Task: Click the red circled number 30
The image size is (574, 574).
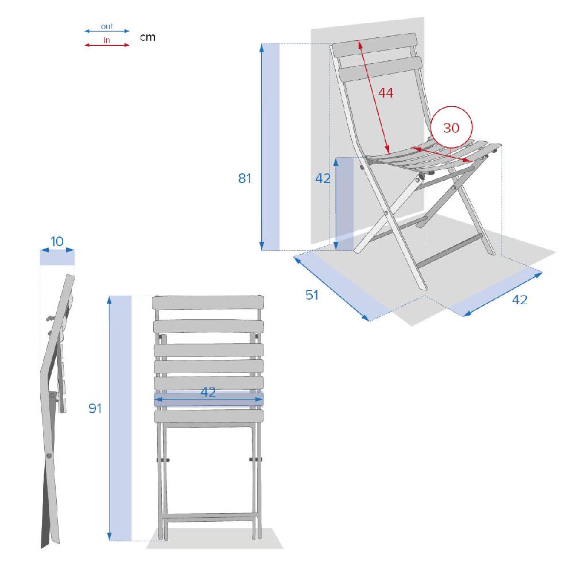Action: pyautogui.click(x=451, y=128)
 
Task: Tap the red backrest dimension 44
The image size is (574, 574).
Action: pyautogui.click(x=386, y=92)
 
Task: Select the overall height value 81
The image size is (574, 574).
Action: pyautogui.click(x=245, y=179)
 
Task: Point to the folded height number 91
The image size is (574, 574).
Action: pyautogui.click(x=95, y=408)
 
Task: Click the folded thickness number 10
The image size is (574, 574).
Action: pyautogui.click(x=57, y=241)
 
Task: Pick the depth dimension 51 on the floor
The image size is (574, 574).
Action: pyautogui.click(x=312, y=294)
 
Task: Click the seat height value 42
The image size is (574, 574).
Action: pyautogui.click(x=323, y=179)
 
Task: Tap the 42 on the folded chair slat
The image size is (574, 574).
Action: pyautogui.click(x=208, y=392)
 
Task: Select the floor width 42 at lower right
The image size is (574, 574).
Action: pyautogui.click(x=520, y=300)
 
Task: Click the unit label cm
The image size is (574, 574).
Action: pyautogui.click(x=148, y=37)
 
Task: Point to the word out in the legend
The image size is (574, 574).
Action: pyautogui.click(x=107, y=26)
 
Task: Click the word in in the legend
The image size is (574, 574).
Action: pyautogui.click(x=107, y=40)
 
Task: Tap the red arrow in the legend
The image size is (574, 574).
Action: pyautogui.click(x=107, y=45)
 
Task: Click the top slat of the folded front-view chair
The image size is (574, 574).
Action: pyautogui.click(x=208, y=302)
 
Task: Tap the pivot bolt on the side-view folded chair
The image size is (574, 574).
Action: pyautogui.click(x=49, y=456)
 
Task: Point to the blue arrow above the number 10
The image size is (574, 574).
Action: pyautogui.click(x=57, y=250)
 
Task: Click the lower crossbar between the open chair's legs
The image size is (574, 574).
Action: pyautogui.click(x=449, y=251)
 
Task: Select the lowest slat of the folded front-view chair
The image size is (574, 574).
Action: pyautogui.click(x=209, y=416)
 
